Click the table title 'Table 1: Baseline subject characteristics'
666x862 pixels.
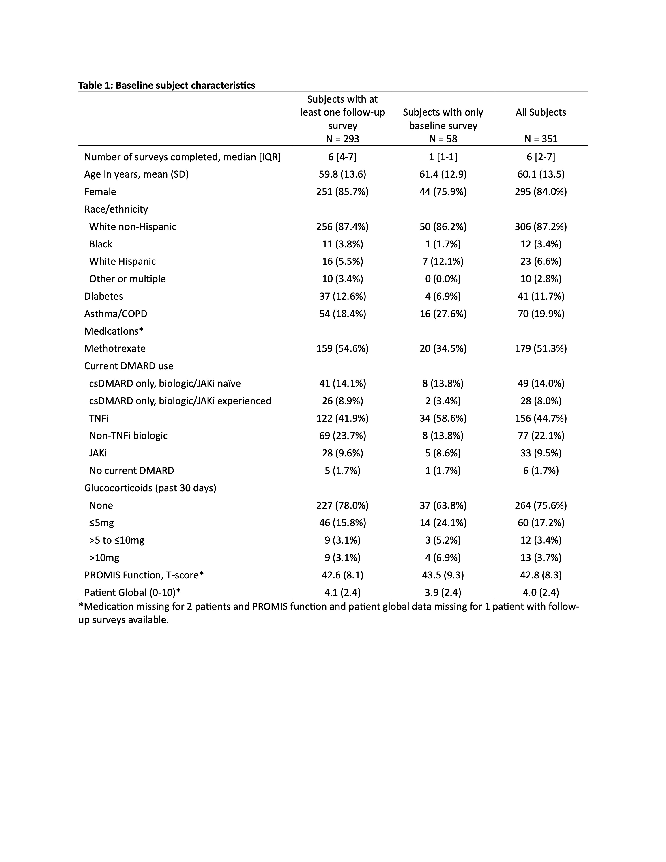point(167,85)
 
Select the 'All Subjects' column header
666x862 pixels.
point(541,112)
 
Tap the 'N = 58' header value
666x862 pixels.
point(443,139)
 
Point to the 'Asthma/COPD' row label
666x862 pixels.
point(116,314)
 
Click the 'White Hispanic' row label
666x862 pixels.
point(122,262)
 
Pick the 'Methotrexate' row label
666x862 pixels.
point(115,348)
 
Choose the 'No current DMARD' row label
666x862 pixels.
point(131,471)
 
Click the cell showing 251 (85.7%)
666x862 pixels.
point(342,192)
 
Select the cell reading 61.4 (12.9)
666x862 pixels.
point(443,174)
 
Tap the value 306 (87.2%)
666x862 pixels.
point(541,227)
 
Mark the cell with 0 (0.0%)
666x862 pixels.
point(443,279)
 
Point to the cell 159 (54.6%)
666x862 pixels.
point(342,348)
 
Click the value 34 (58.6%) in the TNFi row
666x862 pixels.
point(443,418)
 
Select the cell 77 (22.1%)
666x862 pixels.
point(541,436)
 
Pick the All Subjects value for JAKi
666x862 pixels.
point(541,453)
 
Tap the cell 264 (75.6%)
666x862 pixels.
point(541,506)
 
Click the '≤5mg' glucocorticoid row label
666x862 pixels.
point(101,523)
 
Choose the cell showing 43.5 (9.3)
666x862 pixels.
point(443,575)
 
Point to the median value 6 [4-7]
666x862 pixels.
point(342,157)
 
